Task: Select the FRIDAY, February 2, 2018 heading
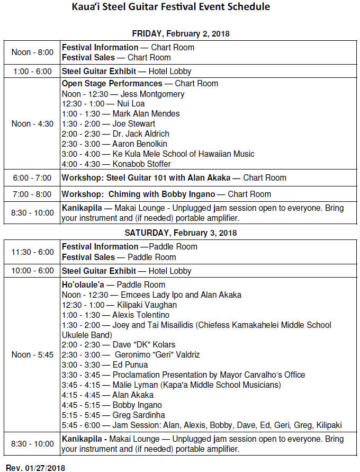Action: point(181,34)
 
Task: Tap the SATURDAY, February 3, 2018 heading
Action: point(181,233)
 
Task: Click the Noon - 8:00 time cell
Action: point(32,52)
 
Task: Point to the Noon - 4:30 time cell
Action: point(32,124)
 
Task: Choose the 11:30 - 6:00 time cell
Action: point(32,252)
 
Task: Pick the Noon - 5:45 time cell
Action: point(32,355)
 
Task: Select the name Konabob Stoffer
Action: point(141,164)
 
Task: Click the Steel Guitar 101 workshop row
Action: point(174,178)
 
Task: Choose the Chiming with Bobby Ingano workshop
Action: point(166,194)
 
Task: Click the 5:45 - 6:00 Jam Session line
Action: point(202,425)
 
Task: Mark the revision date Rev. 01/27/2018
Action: point(35,468)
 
